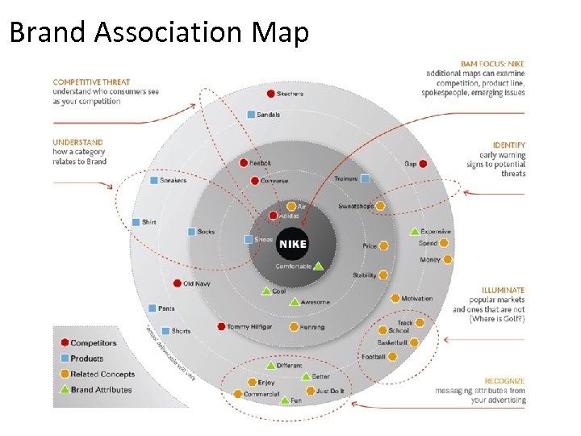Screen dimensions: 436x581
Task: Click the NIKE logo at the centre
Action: [x=292, y=244]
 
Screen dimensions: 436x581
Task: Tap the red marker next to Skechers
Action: [x=270, y=94]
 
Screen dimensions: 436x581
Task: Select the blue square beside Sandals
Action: [x=250, y=115]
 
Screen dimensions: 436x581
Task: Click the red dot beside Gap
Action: [x=423, y=164]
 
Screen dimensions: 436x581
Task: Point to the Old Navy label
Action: [x=197, y=283]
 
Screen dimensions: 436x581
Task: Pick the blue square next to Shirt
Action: [x=136, y=222]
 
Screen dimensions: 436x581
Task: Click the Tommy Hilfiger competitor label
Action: [x=249, y=327]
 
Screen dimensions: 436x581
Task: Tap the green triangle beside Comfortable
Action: [x=318, y=266]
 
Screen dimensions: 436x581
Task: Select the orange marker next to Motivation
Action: [x=395, y=299]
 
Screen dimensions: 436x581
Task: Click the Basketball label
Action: [x=393, y=343]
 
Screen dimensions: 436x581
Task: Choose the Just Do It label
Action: [x=330, y=391]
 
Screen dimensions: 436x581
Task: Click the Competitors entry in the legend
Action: [x=93, y=343]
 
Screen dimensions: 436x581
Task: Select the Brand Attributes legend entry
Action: [x=101, y=389]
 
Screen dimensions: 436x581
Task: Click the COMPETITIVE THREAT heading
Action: [x=91, y=82]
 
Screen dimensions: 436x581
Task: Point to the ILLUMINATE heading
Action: [x=503, y=290]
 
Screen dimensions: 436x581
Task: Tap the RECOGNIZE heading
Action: [x=504, y=380]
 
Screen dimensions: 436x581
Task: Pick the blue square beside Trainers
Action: [x=365, y=178]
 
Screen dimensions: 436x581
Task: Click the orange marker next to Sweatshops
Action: [x=380, y=206]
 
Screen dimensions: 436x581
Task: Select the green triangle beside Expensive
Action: [x=415, y=232]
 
